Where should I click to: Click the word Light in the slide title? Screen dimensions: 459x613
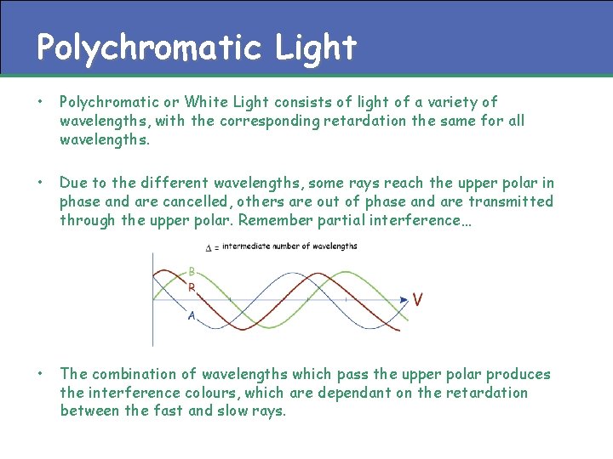tap(316, 48)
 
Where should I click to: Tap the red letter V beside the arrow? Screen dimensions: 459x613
tap(418, 299)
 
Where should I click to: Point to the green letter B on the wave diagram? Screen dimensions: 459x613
tap(192, 272)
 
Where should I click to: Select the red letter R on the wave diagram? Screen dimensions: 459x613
tap(192, 288)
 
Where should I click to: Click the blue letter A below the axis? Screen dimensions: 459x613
tap(192, 316)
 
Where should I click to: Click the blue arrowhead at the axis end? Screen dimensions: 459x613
tap(404, 299)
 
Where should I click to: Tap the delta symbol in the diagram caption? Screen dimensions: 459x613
tap(210, 247)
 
